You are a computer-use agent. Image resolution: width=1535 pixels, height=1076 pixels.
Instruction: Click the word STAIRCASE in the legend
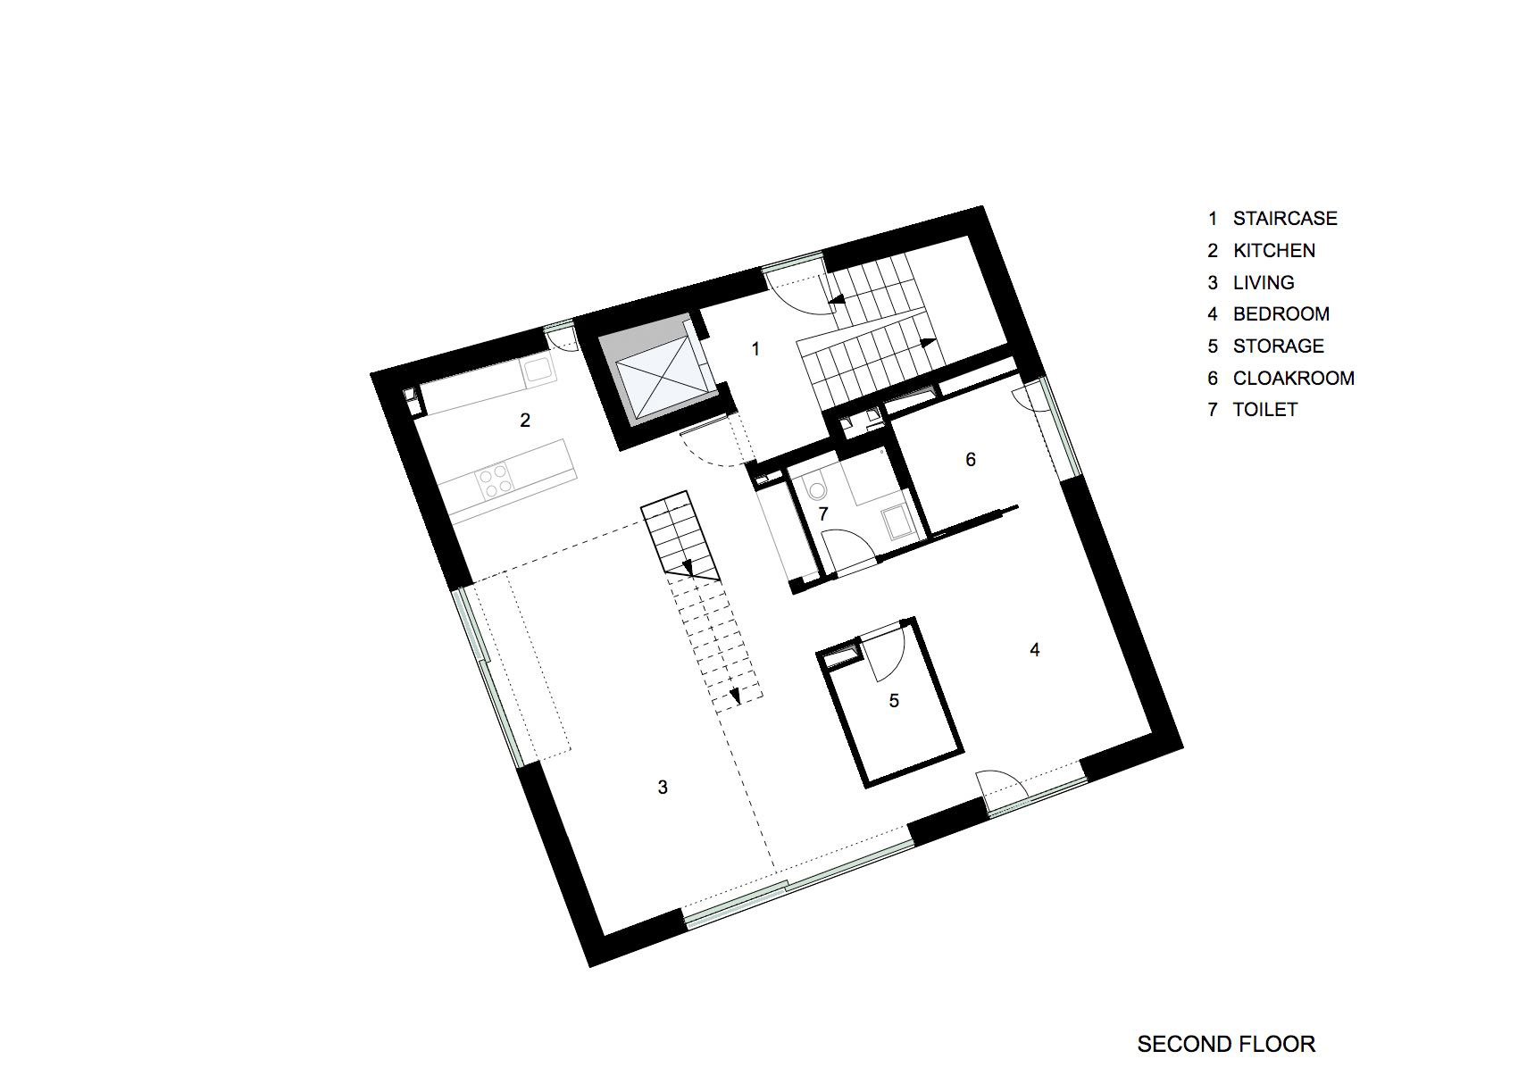pyautogui.click(x=1284, y=219)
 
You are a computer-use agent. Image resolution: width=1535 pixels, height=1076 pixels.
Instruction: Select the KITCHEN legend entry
pyautogui.click(x=1273, y=251)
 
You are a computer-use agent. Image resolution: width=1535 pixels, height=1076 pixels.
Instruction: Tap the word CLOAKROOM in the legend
pyautogui.click(x=1293, y=379)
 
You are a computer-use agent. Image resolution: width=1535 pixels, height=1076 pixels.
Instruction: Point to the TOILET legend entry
pyautogui.click(x=1264, y=410)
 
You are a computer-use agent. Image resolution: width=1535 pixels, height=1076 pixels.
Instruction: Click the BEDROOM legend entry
pyautogui.click(x=1281, y=314)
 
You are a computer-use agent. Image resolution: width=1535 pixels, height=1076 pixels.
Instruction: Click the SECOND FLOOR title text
pyautogui.click(x=1225, y=1019)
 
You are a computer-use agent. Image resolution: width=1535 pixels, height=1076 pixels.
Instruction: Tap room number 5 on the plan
pyautogui.click(x=894, y=701)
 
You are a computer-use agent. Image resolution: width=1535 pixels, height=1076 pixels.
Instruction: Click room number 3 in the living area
pyautogui.click(x=663, y=788)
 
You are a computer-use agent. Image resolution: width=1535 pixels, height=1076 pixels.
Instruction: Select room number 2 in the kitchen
pyautogui.click(x=525, y=420)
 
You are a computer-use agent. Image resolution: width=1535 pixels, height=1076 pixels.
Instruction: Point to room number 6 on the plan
pyautogui.click(x=971, y=460)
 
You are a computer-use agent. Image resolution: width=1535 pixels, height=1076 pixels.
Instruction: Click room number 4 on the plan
pyautogui.click(x=1035, y=650)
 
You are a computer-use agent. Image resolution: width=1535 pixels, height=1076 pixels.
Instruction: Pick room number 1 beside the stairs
pyautogui.click(x=755, y=348)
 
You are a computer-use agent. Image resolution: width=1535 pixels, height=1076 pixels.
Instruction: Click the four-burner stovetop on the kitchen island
pyautogui.click(x=495, y=480)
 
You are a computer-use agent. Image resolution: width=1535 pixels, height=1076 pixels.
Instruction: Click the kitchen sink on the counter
pyautogui.click(x=538, y=369)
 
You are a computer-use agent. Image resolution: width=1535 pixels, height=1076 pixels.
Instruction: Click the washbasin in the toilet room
pyautogui.click(x=894, y=521)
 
